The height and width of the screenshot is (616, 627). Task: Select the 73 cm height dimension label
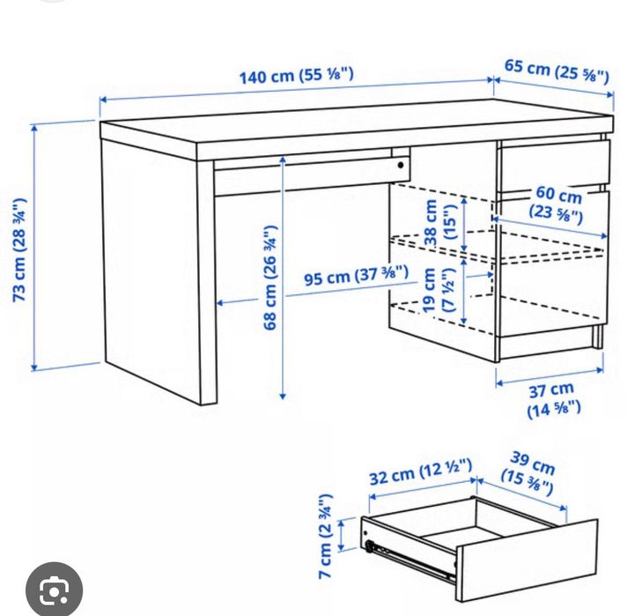click(x=20, y=249)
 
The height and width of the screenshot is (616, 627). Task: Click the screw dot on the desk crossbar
click(x=400, y=165)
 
